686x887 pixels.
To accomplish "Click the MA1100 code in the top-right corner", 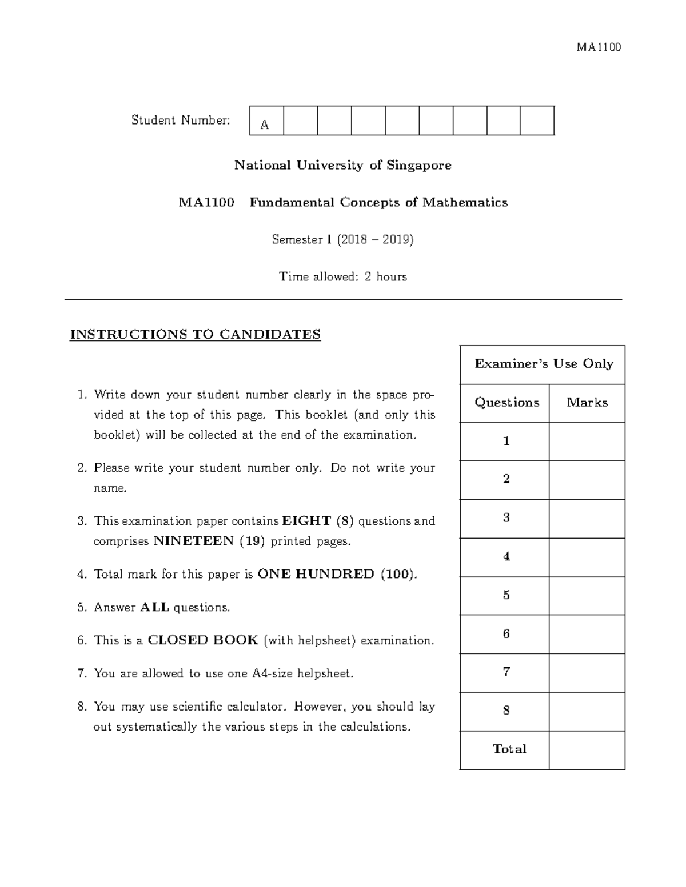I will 599,47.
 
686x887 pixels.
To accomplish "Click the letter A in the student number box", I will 264,125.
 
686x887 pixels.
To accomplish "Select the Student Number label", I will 181,120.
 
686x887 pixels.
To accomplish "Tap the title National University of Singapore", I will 342,166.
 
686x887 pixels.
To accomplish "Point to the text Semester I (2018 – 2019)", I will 342,240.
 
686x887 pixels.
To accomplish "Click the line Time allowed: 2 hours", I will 342,277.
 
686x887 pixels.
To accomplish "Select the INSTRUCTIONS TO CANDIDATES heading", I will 195,335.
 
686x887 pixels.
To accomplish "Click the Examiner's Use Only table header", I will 543,364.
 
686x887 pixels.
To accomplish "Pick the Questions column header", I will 506,403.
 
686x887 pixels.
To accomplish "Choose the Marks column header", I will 587,403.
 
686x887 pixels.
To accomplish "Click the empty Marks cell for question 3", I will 587,519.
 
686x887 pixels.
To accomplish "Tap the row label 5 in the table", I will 506,595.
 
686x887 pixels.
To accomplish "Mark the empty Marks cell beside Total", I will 587,750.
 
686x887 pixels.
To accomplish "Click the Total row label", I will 509,749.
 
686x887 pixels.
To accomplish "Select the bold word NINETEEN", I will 194,541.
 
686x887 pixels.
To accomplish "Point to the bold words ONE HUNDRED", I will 316,575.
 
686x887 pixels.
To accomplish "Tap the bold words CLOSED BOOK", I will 203,640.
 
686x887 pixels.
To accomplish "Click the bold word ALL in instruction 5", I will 154,608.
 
